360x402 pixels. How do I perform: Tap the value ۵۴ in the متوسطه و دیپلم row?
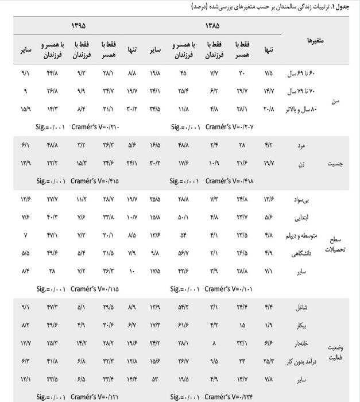pos(184,234)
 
